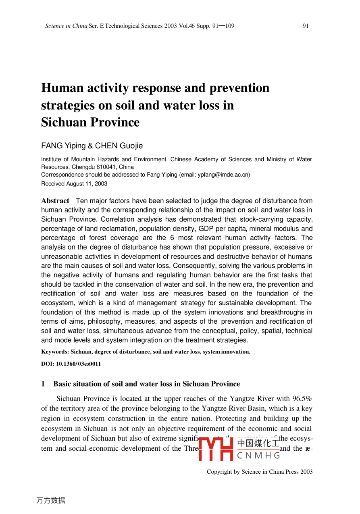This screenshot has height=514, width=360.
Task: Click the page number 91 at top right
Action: click(306, 26)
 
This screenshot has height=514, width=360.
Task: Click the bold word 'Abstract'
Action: click(55, 201)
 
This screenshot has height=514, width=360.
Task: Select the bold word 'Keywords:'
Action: click(55, 352)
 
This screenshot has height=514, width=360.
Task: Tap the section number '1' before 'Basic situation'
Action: click(43, 384)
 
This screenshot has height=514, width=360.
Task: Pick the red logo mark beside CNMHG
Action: click(216, 449)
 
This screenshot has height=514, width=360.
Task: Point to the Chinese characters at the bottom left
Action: click(51, 501)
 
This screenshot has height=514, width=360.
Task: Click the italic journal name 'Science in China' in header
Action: click(66, 26)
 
